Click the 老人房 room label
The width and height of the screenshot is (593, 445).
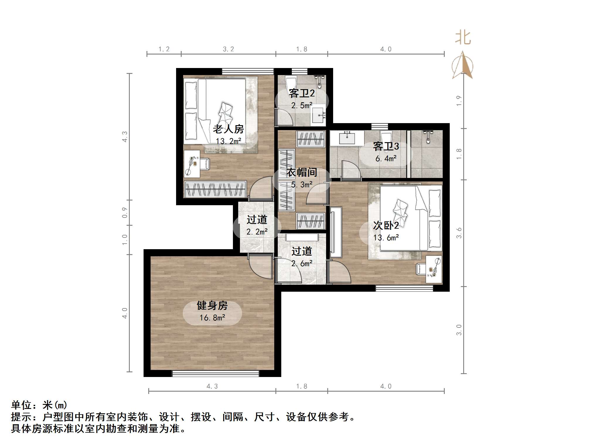[228, 129]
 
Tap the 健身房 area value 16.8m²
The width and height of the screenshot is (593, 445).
[212, 318]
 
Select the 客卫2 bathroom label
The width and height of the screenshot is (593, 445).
[301, 93]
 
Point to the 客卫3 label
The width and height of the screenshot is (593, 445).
[386, 146]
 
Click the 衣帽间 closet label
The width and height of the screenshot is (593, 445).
[301, 172]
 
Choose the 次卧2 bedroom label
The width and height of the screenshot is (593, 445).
[386, 225]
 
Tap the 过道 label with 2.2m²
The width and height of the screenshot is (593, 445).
[257, 220]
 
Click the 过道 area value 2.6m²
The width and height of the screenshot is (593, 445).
[301, 264]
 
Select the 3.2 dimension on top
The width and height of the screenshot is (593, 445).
[228, 49]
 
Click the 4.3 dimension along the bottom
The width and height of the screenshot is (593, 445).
[212, 386]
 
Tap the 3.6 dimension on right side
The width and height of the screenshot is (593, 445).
[459, 233]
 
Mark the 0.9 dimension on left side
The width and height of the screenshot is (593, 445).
[125, 213]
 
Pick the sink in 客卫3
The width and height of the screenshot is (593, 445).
[347, 138]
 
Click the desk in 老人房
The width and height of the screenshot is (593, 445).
[192, 164]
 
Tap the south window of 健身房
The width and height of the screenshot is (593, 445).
[215, 373]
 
